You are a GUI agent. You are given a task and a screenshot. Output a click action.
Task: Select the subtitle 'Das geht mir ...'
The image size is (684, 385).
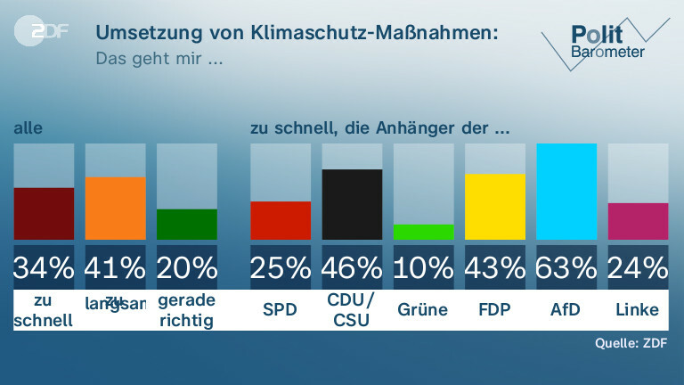(158, 60)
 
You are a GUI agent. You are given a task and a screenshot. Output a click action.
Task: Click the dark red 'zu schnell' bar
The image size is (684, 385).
(44, 214)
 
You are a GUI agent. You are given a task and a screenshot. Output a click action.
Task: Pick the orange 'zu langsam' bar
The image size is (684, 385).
(115, 209)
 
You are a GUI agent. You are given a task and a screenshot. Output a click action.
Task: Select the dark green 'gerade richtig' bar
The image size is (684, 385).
(187, 225)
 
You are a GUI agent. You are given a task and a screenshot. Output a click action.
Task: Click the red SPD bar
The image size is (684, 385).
(281, 221)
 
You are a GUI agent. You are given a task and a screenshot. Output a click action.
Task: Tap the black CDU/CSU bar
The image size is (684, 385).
(352, 205)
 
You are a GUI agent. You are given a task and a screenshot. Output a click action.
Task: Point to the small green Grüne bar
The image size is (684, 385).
(423, 232)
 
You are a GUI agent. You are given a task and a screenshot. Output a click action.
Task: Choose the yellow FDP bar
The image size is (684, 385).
(495, 207)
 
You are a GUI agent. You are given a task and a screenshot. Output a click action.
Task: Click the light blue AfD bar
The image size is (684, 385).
(566, 192)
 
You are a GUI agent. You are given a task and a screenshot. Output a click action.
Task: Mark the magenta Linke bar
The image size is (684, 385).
(638, 221)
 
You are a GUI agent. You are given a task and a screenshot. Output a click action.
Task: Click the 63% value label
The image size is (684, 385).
(566, 266)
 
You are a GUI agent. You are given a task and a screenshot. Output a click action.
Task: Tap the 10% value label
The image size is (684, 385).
(423, 266)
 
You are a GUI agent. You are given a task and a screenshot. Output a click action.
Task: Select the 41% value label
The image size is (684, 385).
(115, 266)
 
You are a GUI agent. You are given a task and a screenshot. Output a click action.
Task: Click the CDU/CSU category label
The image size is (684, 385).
(352, 310)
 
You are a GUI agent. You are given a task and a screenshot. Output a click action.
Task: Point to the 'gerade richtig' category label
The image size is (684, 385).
(187, 310)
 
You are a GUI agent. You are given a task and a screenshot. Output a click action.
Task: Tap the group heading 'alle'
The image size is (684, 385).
(28, 129)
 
